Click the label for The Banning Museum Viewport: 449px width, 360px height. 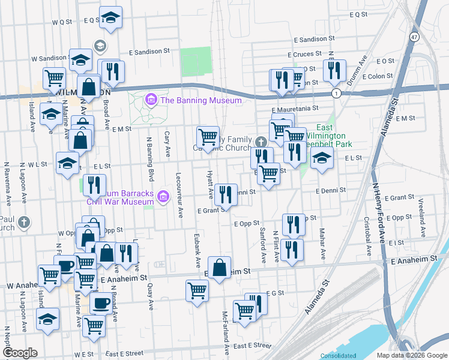[x=200, y=100]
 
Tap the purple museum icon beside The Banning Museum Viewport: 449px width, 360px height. [x=151, y=100]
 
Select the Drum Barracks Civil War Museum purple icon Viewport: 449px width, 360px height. [x=162, y=196]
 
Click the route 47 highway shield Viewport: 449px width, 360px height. [x=414, y=37]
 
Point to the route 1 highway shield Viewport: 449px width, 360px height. [x=336, y=94]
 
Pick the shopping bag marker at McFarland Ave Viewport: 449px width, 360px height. [x=220, y=267]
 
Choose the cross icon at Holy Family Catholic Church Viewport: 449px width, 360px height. [x=260, y=142]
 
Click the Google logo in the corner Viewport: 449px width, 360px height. [x=20, y=352]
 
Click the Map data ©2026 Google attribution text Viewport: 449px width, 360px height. [x=412, y=355]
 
